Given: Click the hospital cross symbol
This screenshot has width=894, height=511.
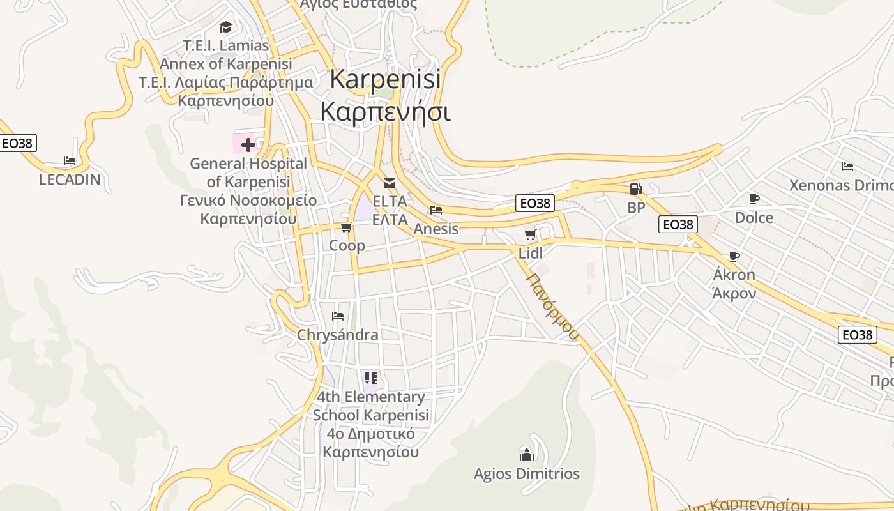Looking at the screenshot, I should pos(248,145).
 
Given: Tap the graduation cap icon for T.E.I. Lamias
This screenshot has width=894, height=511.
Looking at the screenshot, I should pos(225,27).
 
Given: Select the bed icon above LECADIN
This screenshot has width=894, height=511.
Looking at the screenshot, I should pos(70,161).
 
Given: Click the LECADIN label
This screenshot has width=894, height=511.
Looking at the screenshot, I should pos(70,179).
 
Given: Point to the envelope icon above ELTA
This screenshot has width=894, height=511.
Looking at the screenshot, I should pos(390,184).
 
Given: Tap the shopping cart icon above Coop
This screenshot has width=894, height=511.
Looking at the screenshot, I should pos(347,227).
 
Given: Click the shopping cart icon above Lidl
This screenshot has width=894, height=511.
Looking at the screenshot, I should pos(530,235).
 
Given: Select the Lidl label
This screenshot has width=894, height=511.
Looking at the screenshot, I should pos(530,254).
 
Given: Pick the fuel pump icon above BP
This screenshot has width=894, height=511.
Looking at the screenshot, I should pos(635,189).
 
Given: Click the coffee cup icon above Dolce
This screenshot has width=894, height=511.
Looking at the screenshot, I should pos(754,199).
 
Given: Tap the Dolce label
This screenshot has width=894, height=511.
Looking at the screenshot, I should pos(754,218).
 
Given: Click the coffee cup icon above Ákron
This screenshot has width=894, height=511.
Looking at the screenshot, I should pos(734,257).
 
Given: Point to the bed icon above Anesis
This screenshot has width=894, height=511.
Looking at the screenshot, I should pos(436,210).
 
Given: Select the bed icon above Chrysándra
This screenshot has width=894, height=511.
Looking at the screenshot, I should pos(338,316).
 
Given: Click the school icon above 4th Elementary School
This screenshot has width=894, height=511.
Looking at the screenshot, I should pos(371,378).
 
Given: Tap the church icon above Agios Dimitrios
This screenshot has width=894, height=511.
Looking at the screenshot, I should pos(527,455).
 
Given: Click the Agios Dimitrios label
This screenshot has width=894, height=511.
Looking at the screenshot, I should pos(527,474).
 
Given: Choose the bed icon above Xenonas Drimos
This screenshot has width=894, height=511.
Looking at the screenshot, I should pos(847,167).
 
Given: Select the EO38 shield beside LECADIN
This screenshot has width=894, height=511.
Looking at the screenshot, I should pos(17,143).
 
